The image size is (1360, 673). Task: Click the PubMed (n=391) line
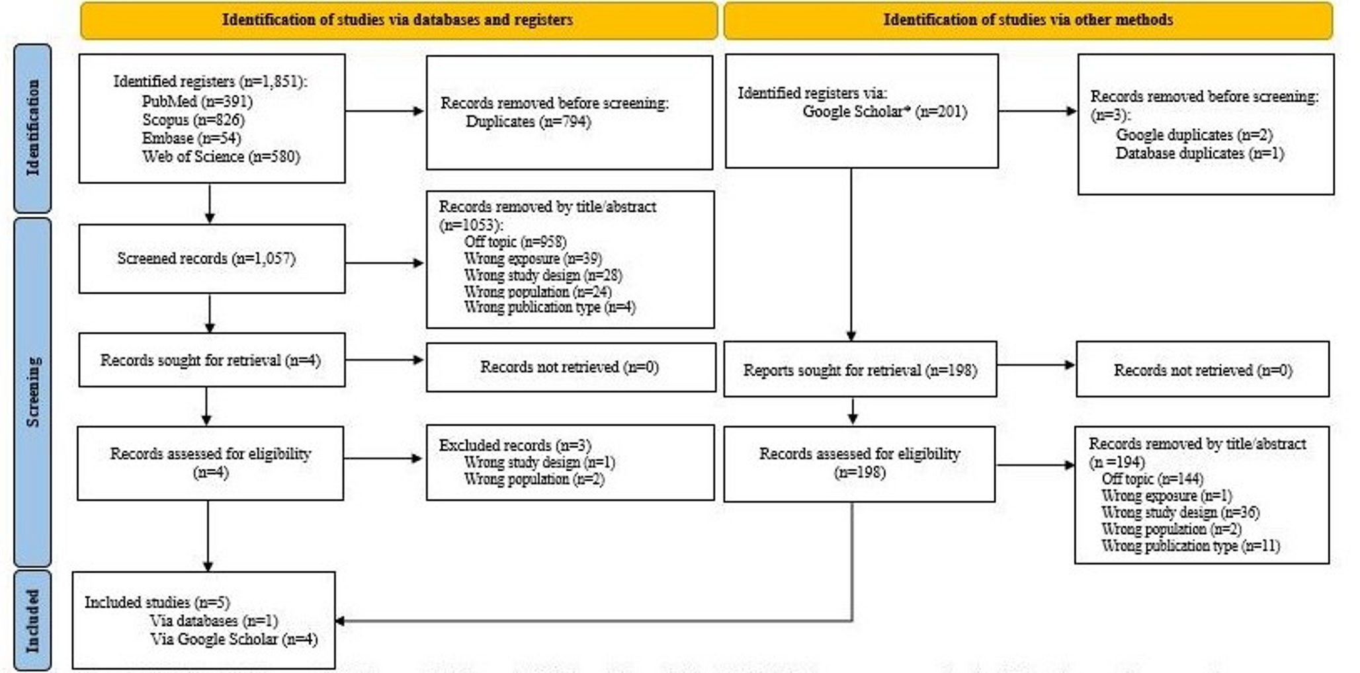click(197, 101)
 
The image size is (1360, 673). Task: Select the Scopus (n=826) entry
click(193, 120)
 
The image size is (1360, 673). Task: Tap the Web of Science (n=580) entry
click(221, 157)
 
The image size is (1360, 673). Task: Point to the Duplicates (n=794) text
click(528, 122)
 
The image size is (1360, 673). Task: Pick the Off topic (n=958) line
click(515, 241)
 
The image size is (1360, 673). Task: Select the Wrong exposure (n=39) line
click(532, 258)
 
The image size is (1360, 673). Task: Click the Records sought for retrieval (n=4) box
click(211, 360)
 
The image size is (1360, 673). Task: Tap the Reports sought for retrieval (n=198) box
click(859, 370)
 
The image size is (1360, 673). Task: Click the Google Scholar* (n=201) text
click(884, 111)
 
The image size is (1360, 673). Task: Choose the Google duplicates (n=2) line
click(1194, 135)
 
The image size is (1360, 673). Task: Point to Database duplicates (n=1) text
click(1199, 153)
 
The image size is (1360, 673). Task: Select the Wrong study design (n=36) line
click(1180, 512)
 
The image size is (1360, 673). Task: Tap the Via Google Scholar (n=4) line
click(234, 639)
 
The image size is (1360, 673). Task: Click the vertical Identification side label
click(32, 128)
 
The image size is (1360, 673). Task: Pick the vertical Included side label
click(32, 621)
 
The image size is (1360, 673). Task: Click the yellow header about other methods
click(1027, 20)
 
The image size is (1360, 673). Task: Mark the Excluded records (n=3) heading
click(515, 446)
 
